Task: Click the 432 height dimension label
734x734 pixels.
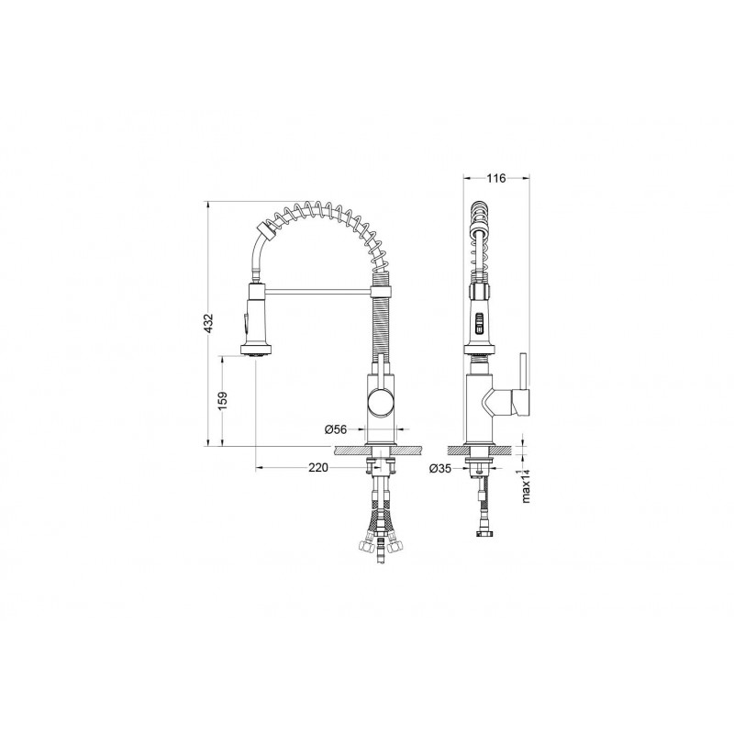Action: pos(209,323)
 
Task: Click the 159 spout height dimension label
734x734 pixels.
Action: pos(223,401)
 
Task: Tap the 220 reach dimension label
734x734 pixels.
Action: pos(318,467)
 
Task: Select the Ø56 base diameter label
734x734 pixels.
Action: pos(336,428)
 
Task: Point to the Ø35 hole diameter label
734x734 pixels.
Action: pos(440,468)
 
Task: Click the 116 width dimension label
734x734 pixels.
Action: pos(496,178)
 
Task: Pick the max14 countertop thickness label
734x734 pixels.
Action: pos(526,485)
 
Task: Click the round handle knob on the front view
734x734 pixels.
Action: pos(381,403)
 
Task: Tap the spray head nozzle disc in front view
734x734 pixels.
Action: pos(256,350)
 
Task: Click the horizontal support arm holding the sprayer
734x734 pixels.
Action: pos(317,293)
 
